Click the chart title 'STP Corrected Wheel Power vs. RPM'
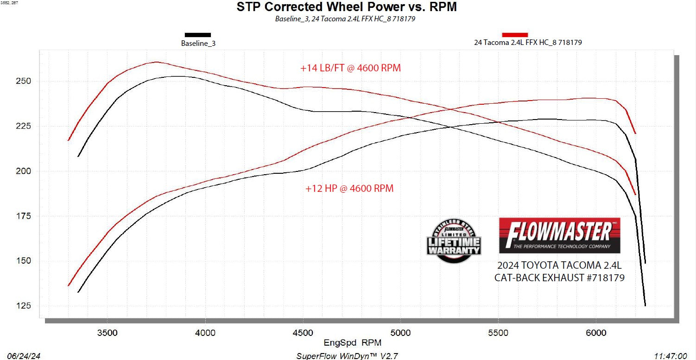(347, 7)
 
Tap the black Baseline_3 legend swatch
(198, 35)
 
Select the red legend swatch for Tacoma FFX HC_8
(515, 35)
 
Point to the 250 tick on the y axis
(25, 81)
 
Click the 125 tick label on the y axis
(25, 306)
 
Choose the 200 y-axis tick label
(25, 171)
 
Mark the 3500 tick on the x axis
(107, 332)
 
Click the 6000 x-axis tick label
(596, 332)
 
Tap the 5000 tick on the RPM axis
(400, 332)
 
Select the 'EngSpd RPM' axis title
(352, 343)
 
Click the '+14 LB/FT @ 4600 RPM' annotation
(350, 68)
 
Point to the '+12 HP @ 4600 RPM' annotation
(349, 189)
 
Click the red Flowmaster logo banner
(559, 235)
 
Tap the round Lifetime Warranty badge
(454, 240)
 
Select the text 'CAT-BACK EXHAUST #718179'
(559, 278)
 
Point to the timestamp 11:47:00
(671, 356)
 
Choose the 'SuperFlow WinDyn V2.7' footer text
(347, 356)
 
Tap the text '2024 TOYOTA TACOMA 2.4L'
(559, 266)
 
